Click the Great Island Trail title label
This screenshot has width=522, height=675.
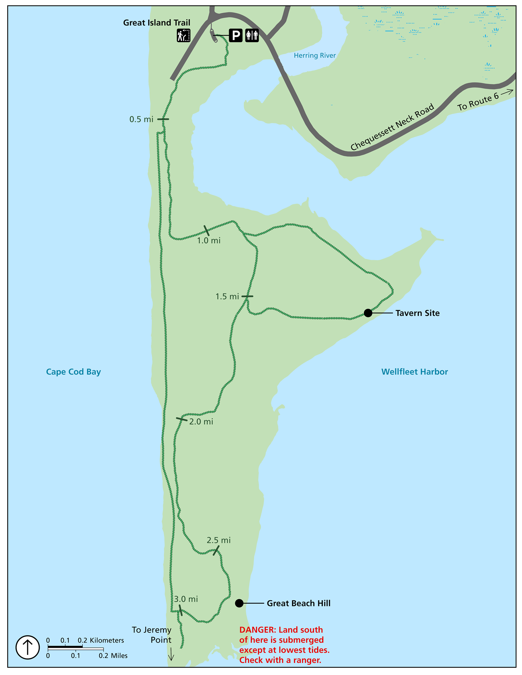coord(157,23)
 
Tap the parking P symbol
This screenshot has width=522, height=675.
coord(236,36)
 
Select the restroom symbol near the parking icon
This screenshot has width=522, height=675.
coord(252,36)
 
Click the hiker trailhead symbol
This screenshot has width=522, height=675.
coord(184,36)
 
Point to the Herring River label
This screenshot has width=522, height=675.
coord(314,56)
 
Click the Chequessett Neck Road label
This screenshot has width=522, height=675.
coord(392,127)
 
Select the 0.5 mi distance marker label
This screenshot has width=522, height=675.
coord(141,119)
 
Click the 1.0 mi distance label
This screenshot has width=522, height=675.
coord(209,241)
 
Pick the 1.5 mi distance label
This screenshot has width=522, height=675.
coord(227,297)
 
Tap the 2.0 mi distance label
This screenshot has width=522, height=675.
coord(201,422)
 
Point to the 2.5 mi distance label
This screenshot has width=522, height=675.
coord(219,540)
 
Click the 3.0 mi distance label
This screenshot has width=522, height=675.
coord(186,599)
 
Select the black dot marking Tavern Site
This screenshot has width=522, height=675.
coord(368,313)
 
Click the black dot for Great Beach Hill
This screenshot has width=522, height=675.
coord(239,603)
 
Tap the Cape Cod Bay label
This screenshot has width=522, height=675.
coord(73,372)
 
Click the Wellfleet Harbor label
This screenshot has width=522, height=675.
coord(414,372)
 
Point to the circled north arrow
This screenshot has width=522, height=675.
coord(27,647)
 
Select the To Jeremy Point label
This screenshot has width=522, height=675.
coord(152,635)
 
